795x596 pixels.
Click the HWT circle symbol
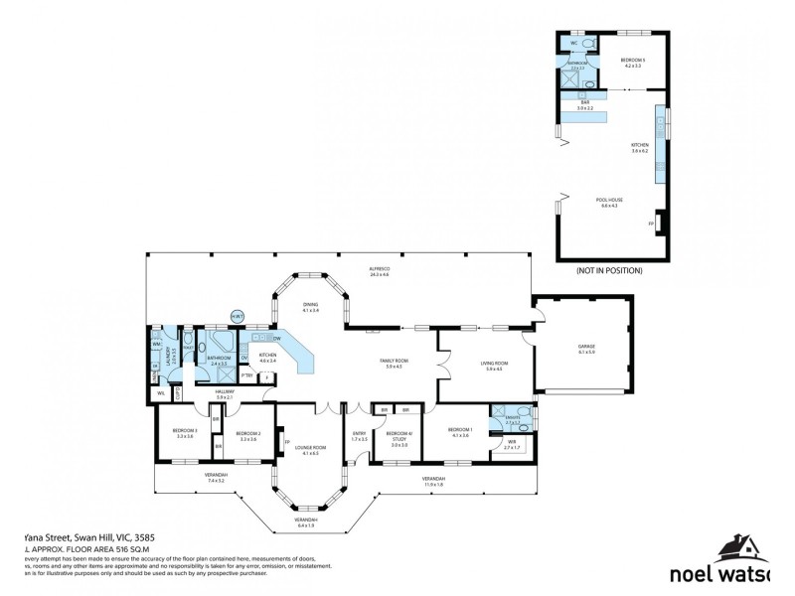(238, 317)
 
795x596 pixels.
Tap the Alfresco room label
(379, 271)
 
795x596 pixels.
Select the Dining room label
(311, 308)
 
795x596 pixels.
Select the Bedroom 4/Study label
(398, 436)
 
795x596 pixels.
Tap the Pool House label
(609, 203)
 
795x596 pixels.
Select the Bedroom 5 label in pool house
(633, 62)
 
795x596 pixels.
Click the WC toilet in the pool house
(585, 45)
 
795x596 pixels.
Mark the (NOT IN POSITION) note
(609, 270)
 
